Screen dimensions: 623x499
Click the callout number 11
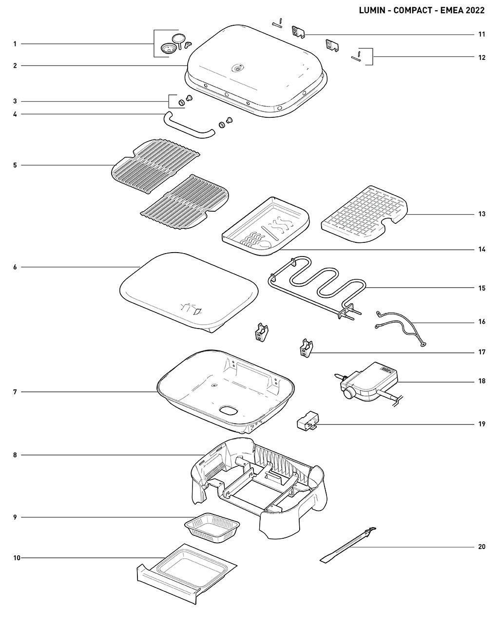point(481,35)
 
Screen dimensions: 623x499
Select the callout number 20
point(481,547)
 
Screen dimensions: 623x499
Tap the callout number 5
point(15,165)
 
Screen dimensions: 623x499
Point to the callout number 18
point(481,381)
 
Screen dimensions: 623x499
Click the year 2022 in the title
point(475,10)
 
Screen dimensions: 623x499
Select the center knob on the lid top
point(237,69)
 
